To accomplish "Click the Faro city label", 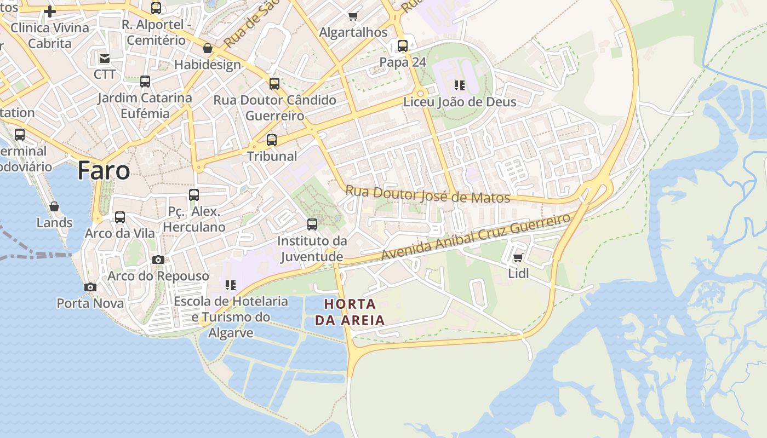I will [104, 171].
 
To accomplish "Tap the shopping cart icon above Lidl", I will [518, 257].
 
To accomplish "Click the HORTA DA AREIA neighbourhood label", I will [350, 312].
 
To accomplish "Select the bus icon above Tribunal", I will [272, 140].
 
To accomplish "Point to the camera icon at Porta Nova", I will [90, 287].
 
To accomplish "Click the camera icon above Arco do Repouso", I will [158, 260].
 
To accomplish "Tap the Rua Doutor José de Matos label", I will [427, 195].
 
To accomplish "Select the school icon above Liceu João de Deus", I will [460, 85].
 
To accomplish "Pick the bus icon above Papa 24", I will [403, 46].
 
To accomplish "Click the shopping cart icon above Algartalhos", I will [353, 16].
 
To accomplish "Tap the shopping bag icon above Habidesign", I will [208, 48].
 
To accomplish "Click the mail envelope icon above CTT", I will [105, 58].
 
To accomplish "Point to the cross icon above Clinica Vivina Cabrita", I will [50, 11].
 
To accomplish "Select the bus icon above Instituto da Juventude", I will [312, 224].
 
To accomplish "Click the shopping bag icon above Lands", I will [54, 206].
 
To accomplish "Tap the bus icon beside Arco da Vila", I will [120, 217].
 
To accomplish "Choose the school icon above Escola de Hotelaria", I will [231, 285].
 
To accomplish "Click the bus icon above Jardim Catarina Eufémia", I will [145, 82].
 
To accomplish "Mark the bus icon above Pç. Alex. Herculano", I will [194, 195].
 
